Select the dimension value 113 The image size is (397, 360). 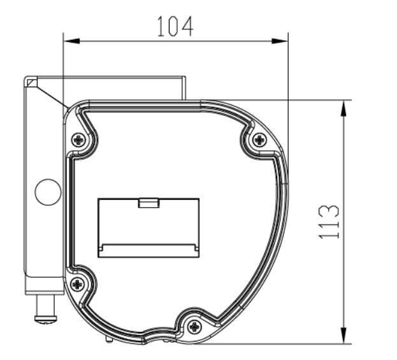tap(329, 222)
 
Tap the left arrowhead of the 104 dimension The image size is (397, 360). tap(70, 41)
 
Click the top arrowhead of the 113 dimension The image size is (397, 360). tap(344, 107)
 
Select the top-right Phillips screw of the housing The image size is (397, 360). tap(259, 140)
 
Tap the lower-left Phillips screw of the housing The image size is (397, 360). tap(78, 284)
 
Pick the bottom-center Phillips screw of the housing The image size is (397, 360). tap(195, 326)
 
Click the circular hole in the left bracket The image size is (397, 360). tap(48, 192)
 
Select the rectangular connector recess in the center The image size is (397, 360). tap(148, 227)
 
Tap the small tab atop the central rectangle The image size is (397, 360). tap(148, 203)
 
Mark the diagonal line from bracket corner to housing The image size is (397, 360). tap(51, 94)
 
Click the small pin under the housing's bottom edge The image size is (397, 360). tap(106, 337)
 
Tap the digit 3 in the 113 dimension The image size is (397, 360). tap(329, 211)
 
